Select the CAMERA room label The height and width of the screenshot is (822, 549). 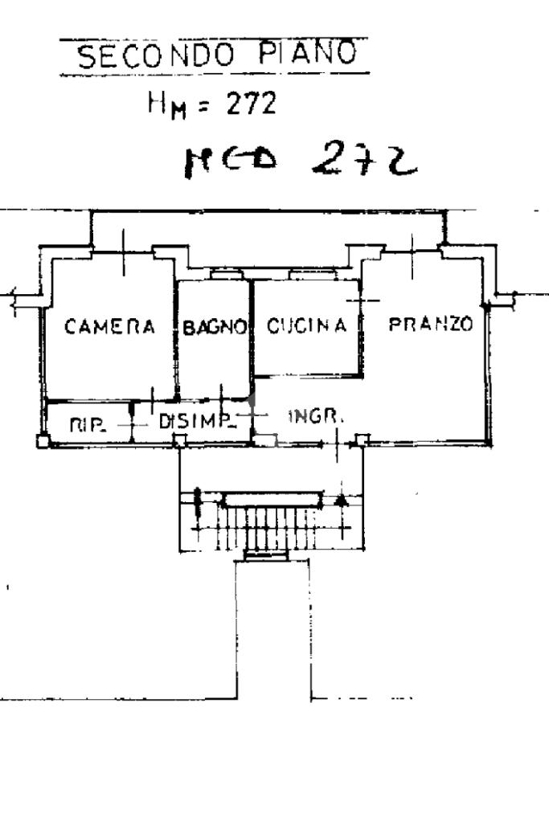coord(110,326)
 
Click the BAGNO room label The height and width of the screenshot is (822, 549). coord(213,327)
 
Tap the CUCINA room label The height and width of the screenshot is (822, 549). coord(306,325)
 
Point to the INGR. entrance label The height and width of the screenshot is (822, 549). coord(316,416)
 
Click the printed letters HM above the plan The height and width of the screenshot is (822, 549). coord(164,104)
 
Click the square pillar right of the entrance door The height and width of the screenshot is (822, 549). coord(363,439)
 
